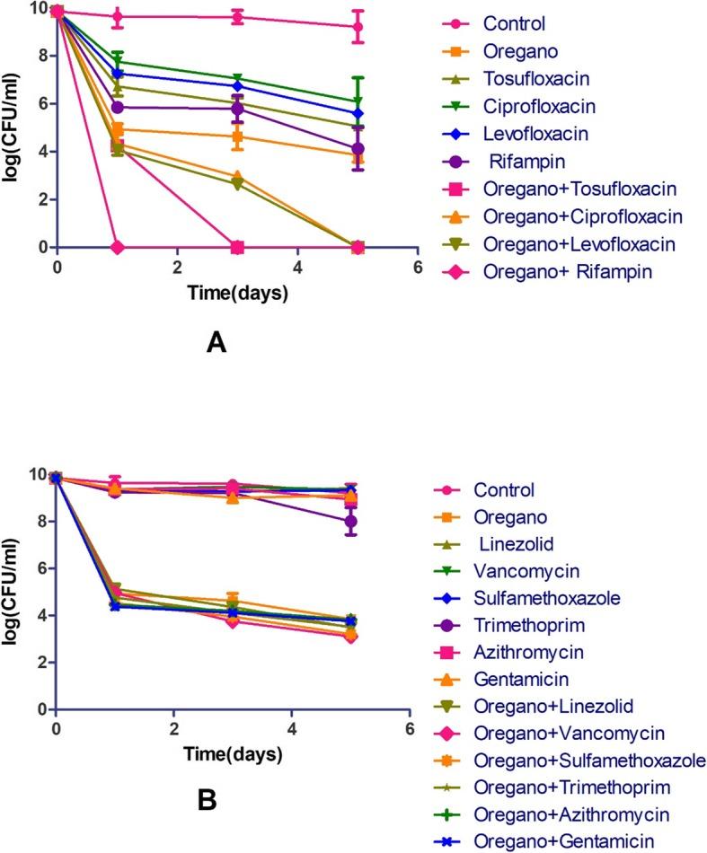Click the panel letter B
point(206,797)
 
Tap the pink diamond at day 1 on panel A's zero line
point(118,247)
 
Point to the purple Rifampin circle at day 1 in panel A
point(118,107)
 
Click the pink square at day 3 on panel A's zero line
point(237,247)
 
